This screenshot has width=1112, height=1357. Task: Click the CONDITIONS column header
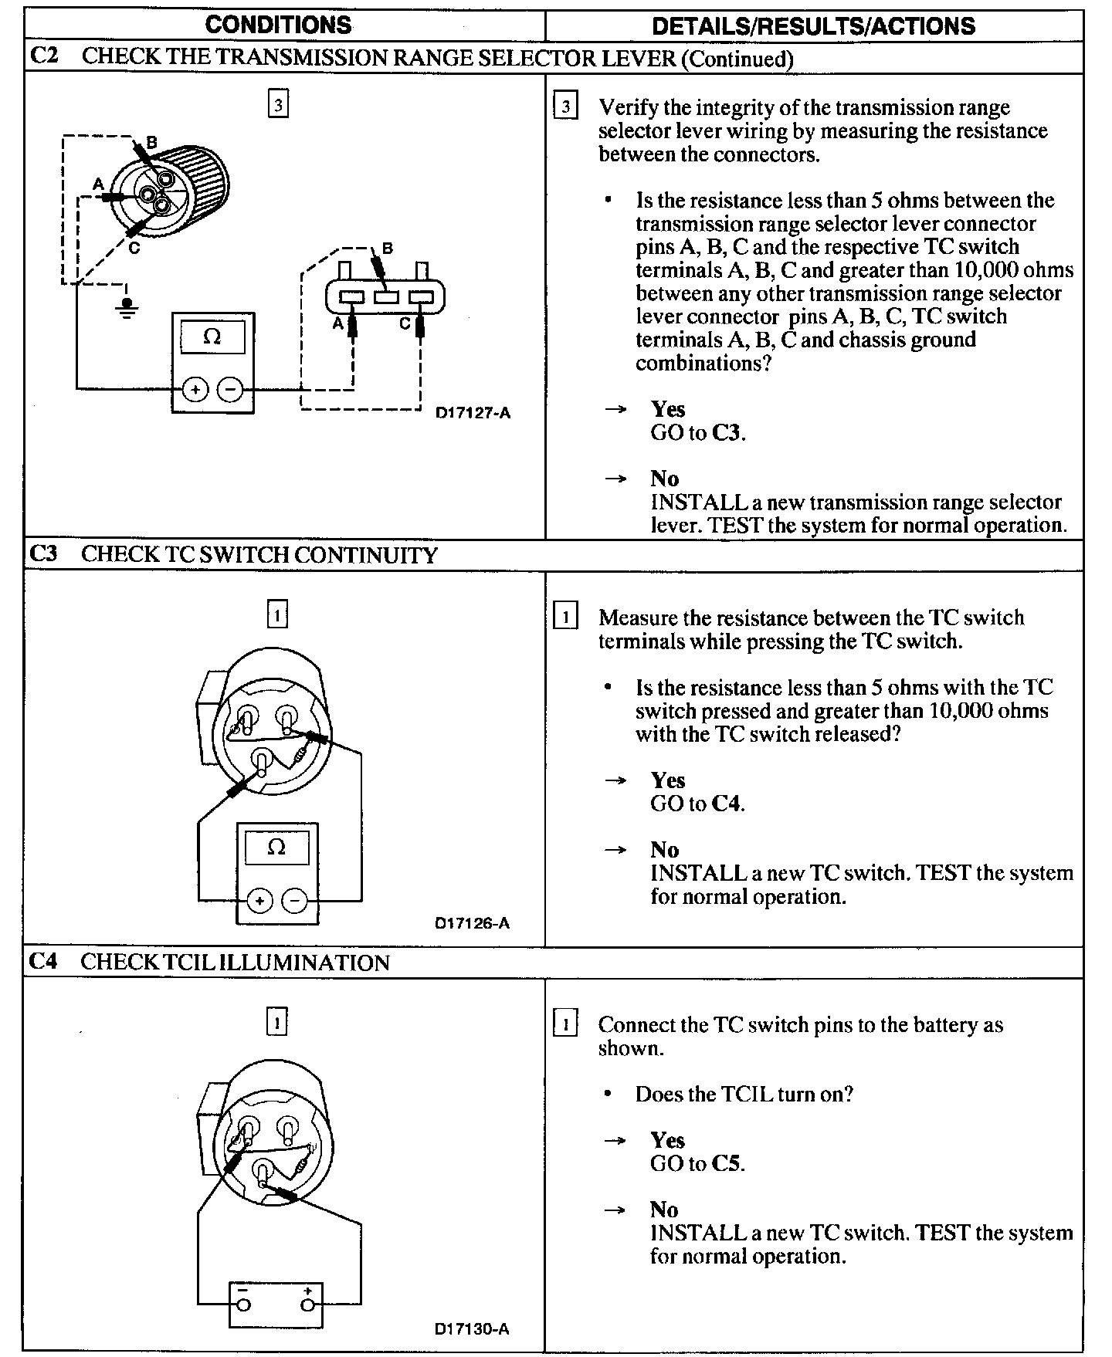click(x=278, y=25)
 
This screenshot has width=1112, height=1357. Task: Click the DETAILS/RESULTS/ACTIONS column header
click(x=813, y=25)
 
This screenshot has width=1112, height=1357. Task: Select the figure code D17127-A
click(x=473, y=412)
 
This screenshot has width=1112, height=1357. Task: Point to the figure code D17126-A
click(x=472, y=923)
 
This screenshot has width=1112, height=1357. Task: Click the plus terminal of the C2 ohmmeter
click(x=195, y=390)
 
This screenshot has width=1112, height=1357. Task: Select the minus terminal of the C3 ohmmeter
click(x=294, y=901)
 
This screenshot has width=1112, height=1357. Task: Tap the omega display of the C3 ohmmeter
click(x=276, y=848)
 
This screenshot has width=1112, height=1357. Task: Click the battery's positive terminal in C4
click(x=308, y=1305)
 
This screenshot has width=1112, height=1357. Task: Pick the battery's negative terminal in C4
click(x=243, y=1305)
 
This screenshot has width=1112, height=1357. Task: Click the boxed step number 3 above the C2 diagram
click(x=278, y=103)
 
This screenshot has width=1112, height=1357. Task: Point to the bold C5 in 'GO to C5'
click(x=726, y=1163)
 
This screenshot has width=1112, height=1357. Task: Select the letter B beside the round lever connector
click(x=151, y=142)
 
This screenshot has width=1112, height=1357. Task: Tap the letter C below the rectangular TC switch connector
click(x=405, y=325)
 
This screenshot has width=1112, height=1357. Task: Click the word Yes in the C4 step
click(x=667, y=1140)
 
